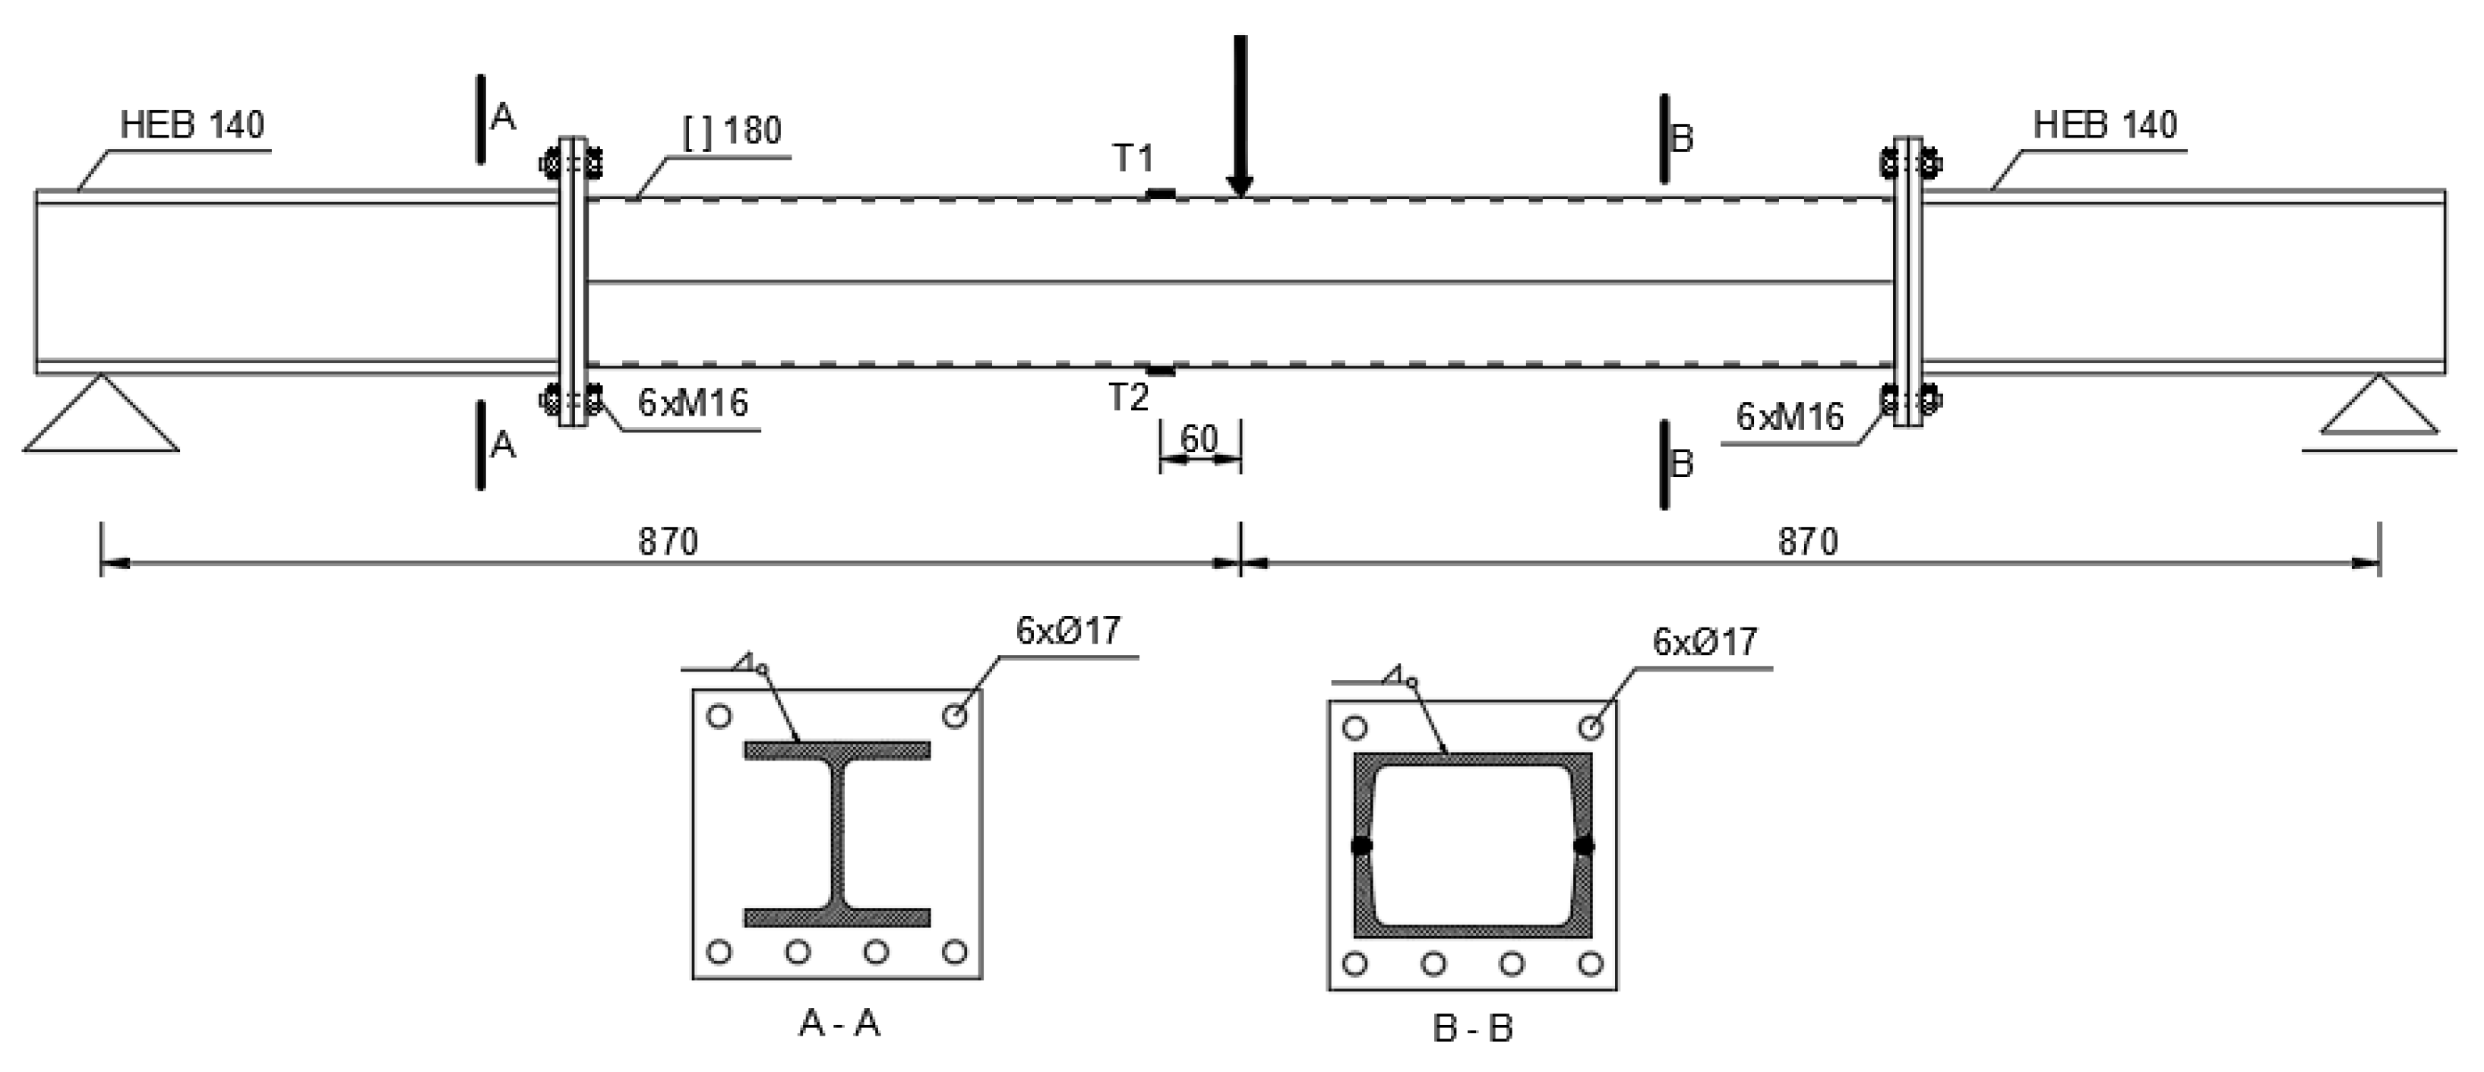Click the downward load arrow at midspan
click(x=1240, y=115)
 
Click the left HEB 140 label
click(x=192, y=125)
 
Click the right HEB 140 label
click(x=2106, y=125)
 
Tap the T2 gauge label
click(x=1128, y=397)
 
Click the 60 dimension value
click(x=1199, y=440)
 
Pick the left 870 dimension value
click(x=667, y=542)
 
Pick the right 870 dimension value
click(x=1808, y=542)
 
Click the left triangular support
click(x=101, y=419)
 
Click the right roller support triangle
click(x=2379, y=409)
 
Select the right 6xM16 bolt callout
click(x=1790, y=416)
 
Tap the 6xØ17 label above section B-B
click(x=1705, y=642)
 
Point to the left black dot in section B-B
click(x=1361, y=846)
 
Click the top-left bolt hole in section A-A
click(x=719, y=716)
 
